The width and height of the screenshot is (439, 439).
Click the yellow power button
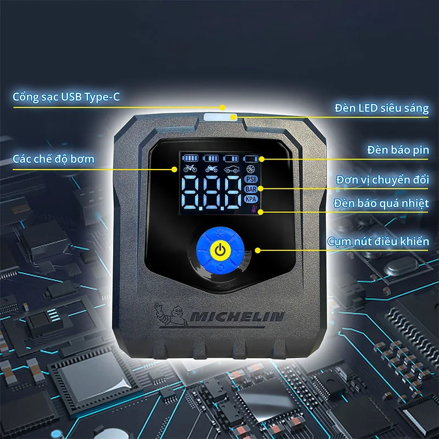coord(220,250)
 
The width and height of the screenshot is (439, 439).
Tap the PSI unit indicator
coord(251,179)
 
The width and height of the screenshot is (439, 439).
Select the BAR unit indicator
coord(251,189)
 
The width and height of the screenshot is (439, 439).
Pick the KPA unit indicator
coord(251,199)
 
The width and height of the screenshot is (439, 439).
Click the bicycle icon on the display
coord(190,168)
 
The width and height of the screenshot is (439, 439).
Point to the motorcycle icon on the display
coord(211,168)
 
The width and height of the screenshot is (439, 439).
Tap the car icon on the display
coord(232,169)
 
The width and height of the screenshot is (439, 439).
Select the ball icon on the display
coord(251,169)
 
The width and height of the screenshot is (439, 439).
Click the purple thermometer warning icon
coord(254,209)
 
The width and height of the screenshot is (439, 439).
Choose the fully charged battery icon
coord(190,158)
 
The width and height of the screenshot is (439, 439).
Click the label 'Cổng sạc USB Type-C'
coord(66,97)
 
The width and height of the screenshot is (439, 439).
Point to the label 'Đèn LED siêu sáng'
coord(381,108)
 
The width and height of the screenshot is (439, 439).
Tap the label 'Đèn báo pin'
coord(398,150)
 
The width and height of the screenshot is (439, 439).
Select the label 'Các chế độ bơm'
coord(53,159)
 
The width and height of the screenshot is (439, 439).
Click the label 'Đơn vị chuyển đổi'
coord(382,179)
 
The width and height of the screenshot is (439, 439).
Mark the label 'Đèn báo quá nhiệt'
coord(381,203)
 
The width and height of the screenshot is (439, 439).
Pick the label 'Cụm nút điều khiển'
coord(378,241)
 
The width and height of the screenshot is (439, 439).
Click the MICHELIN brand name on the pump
coord(237,317)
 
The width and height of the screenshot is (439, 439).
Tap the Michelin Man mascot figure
coord(171,314)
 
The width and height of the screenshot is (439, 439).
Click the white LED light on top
coord(221,117)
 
